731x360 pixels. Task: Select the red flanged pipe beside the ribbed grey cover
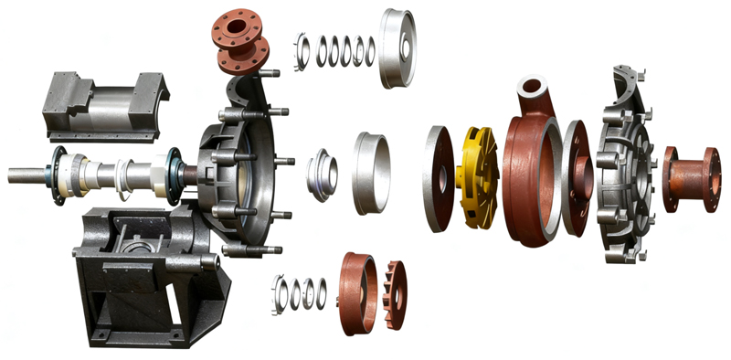point(691,178)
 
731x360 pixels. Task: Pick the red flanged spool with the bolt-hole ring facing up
point(239,43)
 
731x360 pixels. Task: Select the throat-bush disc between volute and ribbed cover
point(577,179)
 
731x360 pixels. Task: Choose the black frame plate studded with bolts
point(242,174)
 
